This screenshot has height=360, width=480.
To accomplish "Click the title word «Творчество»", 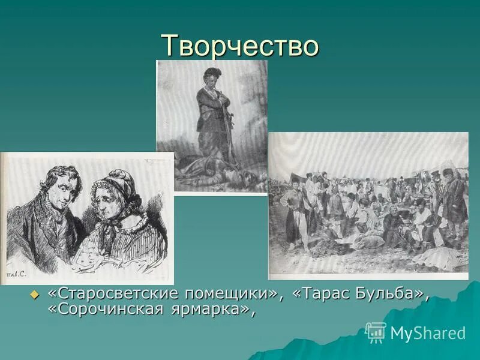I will [239, 46].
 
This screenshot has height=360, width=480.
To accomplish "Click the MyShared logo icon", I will [376, 332].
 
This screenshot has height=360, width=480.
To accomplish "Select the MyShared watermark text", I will [428, 333].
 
